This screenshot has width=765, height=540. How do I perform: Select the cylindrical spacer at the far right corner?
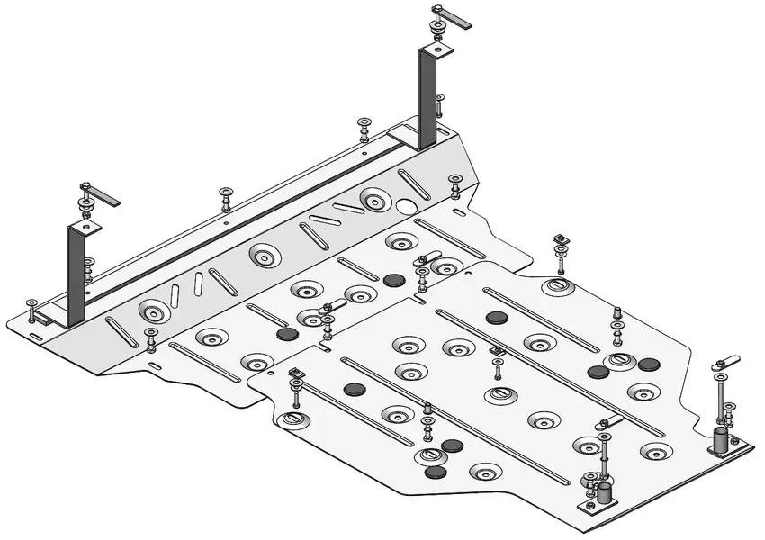coord(721,441)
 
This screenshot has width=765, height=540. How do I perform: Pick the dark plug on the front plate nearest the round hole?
coord(393,280)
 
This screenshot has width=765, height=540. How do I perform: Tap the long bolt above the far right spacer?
coord(721,396)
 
